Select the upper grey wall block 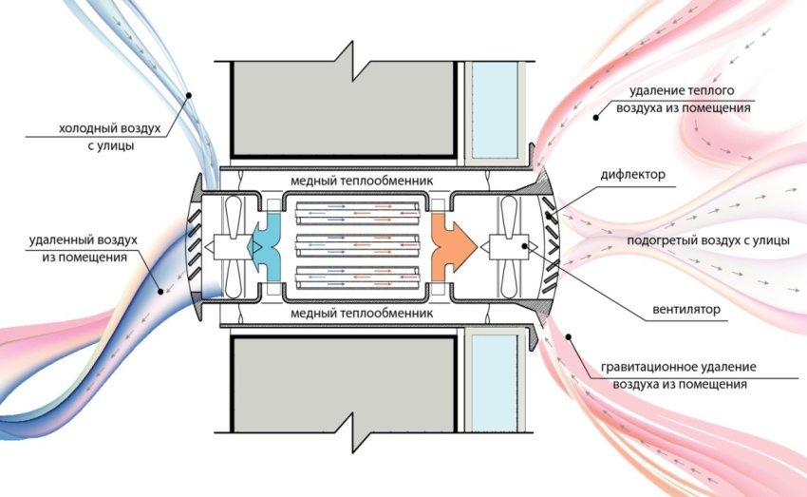[x=341, y=109]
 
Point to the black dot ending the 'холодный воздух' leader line [x=189, y=93]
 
